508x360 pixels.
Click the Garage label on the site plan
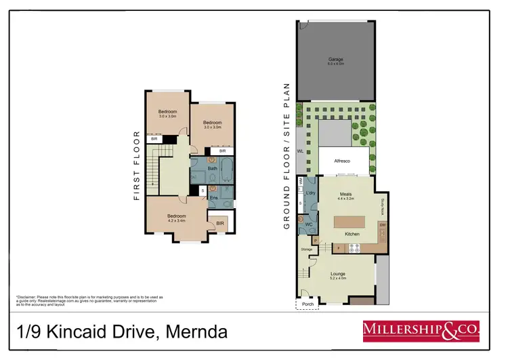(x=337, y=59)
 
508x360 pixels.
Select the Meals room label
(x=345, y=194)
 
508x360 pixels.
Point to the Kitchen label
(x=352, y=234)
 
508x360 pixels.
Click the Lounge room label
(x=337, y=274)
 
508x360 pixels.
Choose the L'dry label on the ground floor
(x=311, y=194)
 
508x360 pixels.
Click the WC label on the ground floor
(x=308, y=223)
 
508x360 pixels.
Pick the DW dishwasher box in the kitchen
(x=382, y=224)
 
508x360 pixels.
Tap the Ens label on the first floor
(x=213, y=198)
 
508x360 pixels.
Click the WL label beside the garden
(x=300, y=151)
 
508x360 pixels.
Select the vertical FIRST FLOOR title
(x=136, y=165)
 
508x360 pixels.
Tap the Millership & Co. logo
(x=421, y=331)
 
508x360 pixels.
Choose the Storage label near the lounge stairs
(x=307, y=249)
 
